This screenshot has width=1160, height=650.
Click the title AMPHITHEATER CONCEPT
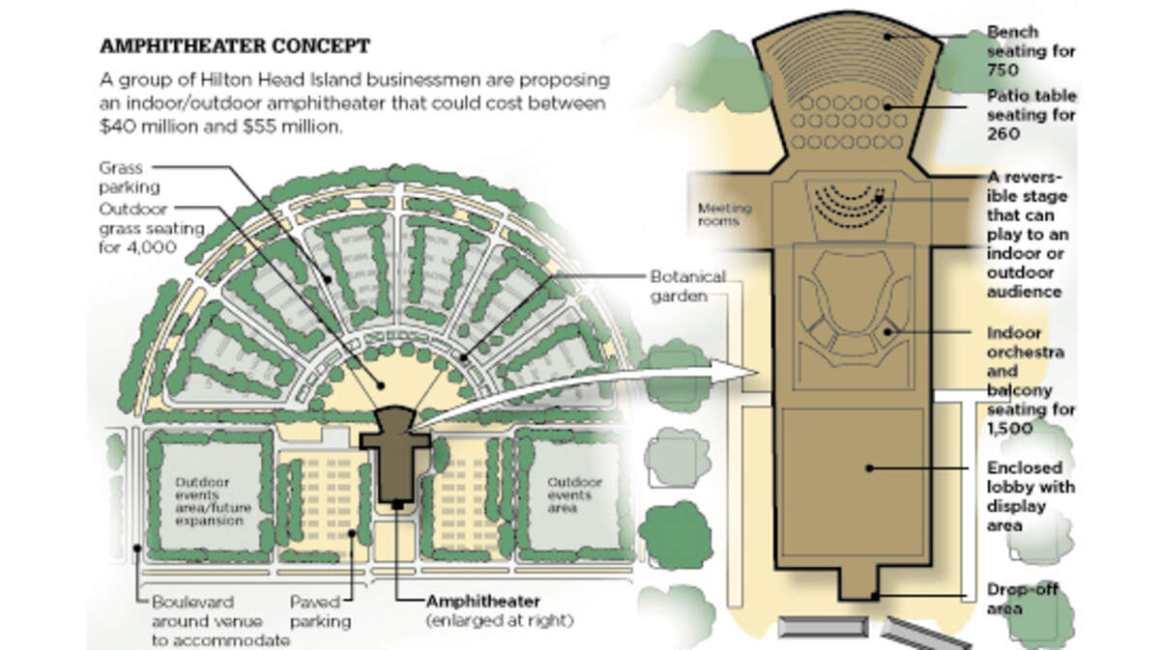coord(235,46)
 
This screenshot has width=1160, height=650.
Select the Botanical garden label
coord(687,286)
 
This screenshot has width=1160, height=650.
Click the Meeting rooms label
coord(724,214)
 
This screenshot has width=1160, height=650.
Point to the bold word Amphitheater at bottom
coord(483,602)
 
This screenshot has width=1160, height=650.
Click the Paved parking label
coord(320,611)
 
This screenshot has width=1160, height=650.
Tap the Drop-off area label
coord(1022,599)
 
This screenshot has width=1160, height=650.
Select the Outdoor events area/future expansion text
coord(213,501)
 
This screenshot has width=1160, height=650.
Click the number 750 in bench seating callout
coord(1002,70)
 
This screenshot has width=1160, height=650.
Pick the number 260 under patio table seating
coord(1003,134)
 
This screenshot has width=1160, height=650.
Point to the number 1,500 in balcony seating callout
coord(1010,429)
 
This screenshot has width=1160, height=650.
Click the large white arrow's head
coord(737,371)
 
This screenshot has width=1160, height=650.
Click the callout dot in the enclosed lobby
coord(869,468)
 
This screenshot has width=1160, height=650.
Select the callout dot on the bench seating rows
coord(887,37)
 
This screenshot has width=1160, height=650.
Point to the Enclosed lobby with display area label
coord(1031,496)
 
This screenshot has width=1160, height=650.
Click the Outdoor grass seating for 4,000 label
coord(152,228)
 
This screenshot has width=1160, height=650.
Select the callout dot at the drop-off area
coord(875,596)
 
